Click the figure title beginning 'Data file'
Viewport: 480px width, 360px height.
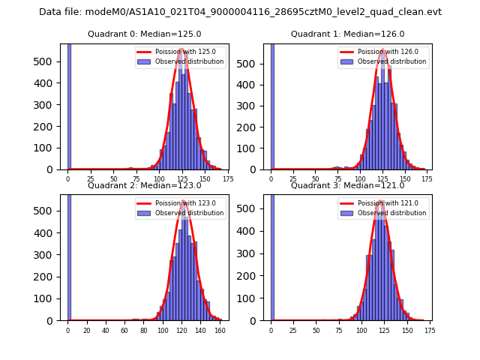point(240,12)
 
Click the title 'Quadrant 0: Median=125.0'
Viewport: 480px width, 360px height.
point(144,34)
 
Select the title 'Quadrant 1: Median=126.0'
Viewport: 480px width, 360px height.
point(347,34)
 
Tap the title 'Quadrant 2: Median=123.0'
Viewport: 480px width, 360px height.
point(144,185)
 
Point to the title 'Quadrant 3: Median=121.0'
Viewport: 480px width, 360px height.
point(347,185)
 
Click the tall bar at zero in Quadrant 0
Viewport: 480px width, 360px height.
point(68,105)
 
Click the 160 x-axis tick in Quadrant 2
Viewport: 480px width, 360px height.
point(220,330)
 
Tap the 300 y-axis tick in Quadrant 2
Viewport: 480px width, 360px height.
point(52,255)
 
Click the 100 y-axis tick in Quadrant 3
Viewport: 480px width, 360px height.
point(255,298)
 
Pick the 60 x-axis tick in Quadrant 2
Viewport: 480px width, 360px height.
point(124,330)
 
